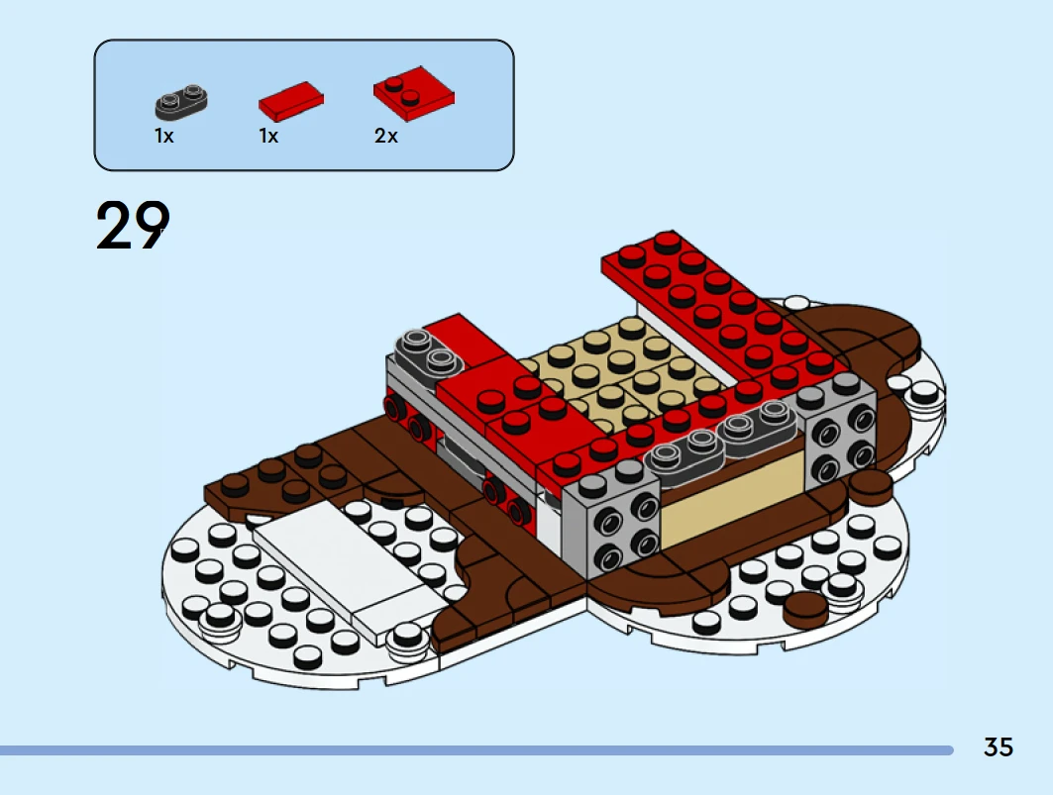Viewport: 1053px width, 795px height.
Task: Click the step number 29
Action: (133, 226)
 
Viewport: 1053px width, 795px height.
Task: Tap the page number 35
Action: (998, 746)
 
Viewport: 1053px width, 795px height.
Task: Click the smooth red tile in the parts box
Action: (291, 101)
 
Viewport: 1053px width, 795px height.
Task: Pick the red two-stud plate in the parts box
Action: (414, 93)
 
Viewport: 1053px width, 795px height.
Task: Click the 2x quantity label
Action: (386, 136)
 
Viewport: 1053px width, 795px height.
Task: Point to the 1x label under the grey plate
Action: (163, 136)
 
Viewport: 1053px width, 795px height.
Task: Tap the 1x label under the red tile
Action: (268, 136)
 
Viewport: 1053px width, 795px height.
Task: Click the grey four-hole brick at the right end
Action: (839, 429)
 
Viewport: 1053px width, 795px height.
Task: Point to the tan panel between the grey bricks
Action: (732, 496)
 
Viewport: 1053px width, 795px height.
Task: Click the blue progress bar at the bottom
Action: (476, 750)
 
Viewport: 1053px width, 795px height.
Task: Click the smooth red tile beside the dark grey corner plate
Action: (464, 342)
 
